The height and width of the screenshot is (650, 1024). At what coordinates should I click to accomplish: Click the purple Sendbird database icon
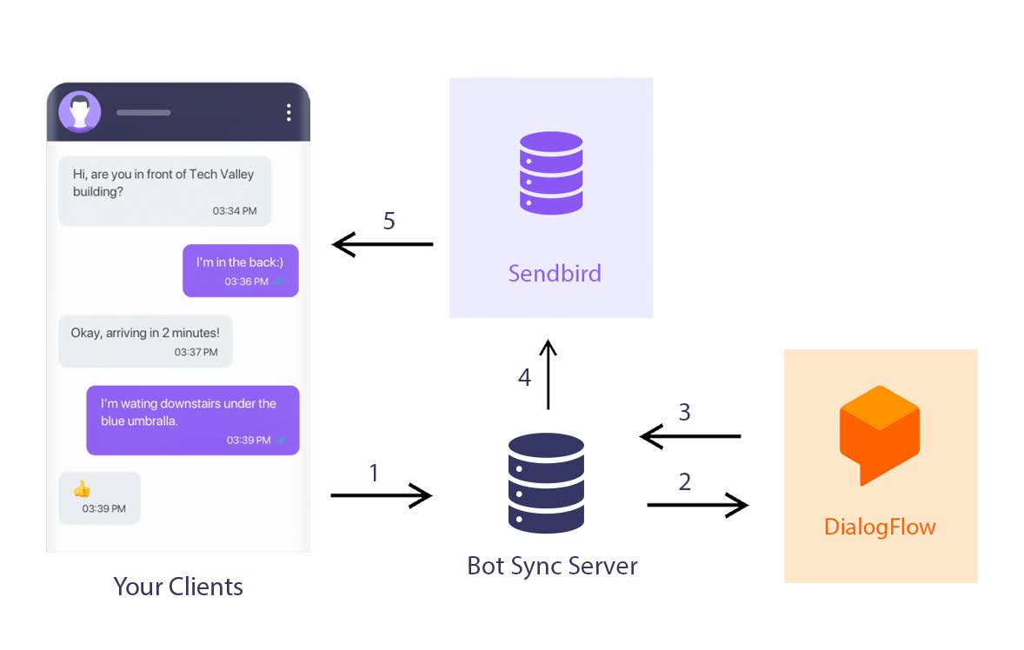[x=551, y=173]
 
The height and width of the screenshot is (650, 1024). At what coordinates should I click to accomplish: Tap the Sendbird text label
[x=555, y=274]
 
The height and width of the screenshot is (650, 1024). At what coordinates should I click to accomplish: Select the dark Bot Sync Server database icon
[x=546, y=482]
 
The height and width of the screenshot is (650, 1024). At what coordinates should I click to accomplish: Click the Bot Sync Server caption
[x=552, y=567]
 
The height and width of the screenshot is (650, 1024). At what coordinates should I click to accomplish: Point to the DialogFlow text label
[x=880, y=527]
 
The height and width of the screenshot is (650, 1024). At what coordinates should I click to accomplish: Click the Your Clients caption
[x=178, y=587]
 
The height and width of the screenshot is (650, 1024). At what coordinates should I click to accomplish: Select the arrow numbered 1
[x=381, y=496]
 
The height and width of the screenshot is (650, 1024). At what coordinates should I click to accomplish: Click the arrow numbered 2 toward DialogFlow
[x=697, y=504]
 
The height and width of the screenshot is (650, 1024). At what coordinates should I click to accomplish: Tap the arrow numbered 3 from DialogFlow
[x=690, y=436]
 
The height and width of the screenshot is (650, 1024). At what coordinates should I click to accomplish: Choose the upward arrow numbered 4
[x=548, y=375]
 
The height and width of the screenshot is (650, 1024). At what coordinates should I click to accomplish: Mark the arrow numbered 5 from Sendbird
[x=382, y=245]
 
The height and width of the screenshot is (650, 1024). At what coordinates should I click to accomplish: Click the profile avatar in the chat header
[x=80, y=112]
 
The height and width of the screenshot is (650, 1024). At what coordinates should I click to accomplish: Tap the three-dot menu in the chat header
[x=289, y=112]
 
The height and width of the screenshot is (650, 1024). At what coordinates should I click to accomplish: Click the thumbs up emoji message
[x=83, y=488]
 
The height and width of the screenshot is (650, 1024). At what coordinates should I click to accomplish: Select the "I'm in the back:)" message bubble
[x=240, y=270]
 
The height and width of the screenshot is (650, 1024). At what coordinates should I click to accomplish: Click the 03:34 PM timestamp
[x=235, y=211]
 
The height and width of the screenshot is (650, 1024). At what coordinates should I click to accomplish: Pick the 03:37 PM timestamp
[x=196, y=352]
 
